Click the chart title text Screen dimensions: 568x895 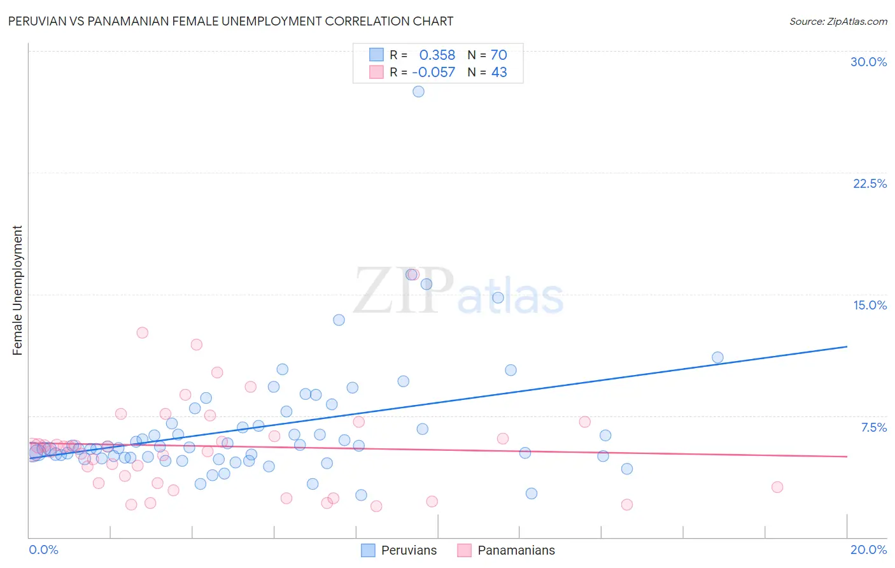click(x=230, y=21)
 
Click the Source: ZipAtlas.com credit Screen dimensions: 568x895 click(x=838, y=21)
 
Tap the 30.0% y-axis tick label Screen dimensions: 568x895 click(x=868, y=62)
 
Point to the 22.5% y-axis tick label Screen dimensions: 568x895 click(x=870, y=183)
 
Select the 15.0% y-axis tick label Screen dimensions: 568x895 click(x=870, y=305)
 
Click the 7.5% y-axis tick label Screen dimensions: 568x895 click(x=873, y=427)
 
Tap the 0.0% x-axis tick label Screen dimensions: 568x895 click(x=43, y=550)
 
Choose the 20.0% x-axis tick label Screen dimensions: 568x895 click(x=868, y=550)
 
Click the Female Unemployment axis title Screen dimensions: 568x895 click(x=17, y=290)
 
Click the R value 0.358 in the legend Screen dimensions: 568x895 click(x=437, y=55)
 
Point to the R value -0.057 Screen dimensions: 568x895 click(x=433, y=73)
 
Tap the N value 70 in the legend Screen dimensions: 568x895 click(x=498, y=55)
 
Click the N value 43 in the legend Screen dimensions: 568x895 click(x=498, y=73)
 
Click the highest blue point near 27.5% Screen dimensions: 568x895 click(x=418, y=91)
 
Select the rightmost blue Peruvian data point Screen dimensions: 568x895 click(x=717, y=357)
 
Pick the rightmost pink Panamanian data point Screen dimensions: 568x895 click(x=777, y=487)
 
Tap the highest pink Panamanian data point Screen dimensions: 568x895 click(x=412, y=274)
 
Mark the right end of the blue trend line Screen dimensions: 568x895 click(x=847, y=346)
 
